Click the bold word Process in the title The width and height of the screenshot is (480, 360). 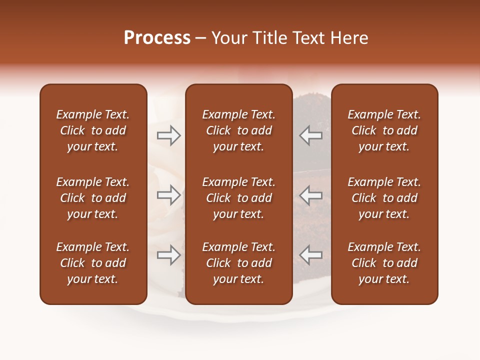[x=157, y=38]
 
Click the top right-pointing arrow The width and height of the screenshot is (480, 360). [x=168, y=135]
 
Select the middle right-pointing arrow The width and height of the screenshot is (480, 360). [x=168, y=195]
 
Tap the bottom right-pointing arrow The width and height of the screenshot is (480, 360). [x=168, y=255]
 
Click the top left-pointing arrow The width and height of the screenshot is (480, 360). [x=311, y=135]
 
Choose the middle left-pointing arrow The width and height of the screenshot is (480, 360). [x=311, y=195]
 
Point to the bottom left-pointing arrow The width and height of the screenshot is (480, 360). [x=311, y=255]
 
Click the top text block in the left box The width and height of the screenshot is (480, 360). [x=93, y=130]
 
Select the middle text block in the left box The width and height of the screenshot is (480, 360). [x=93, y=198]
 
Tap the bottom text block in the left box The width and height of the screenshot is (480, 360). [x=93, y=263]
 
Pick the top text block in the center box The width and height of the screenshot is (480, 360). [x=238, y=130]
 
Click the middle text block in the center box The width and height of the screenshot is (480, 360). [x=238, y=198]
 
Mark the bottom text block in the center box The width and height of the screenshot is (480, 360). [x=238, y=263]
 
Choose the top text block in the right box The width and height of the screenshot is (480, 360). [x=384, y=130]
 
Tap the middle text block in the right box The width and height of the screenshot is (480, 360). [x=384, y=198]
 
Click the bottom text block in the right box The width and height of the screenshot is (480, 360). [x=384, y=263]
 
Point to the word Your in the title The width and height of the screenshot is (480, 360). [x=228, y=38]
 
